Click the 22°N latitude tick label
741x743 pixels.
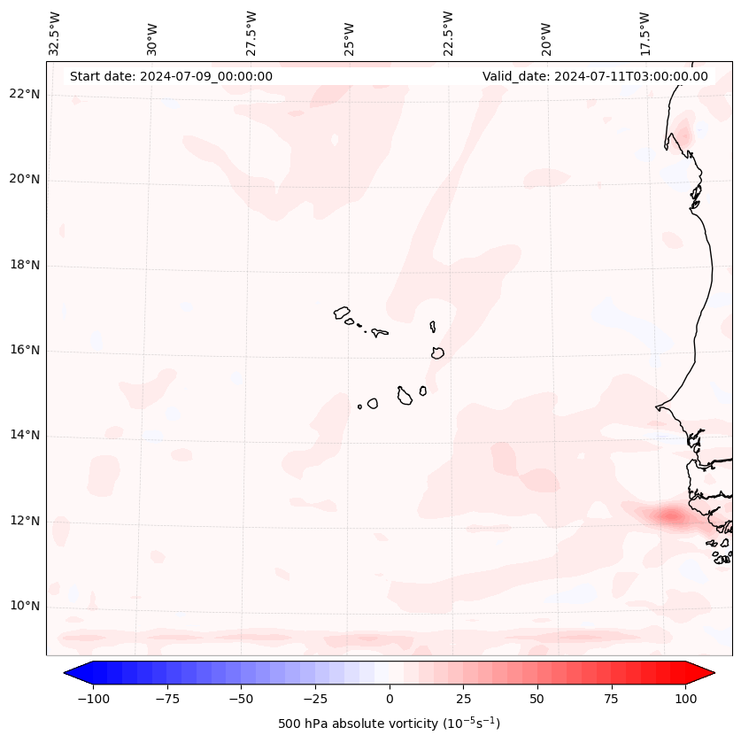click(x=24, y=95)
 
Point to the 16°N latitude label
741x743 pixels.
click(x=24, y=351)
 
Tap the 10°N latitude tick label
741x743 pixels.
click(x=24, y=607)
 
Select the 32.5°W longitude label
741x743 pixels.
click(x=55, y=33)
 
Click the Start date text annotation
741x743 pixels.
click(x=171, y=76)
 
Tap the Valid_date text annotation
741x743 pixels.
click(x=595, y=76)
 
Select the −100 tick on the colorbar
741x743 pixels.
click(x=93, y=699)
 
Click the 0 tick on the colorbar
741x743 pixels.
click(x=390, y=699)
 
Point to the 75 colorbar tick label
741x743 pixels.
click(x=612, y=699)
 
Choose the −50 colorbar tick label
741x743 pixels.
click(x=241, y=699)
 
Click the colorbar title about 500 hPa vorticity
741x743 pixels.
click(x=390, y=724)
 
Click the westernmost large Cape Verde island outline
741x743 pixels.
click(x=342, y=313)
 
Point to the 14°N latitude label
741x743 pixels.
click(x=24, y=436)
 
